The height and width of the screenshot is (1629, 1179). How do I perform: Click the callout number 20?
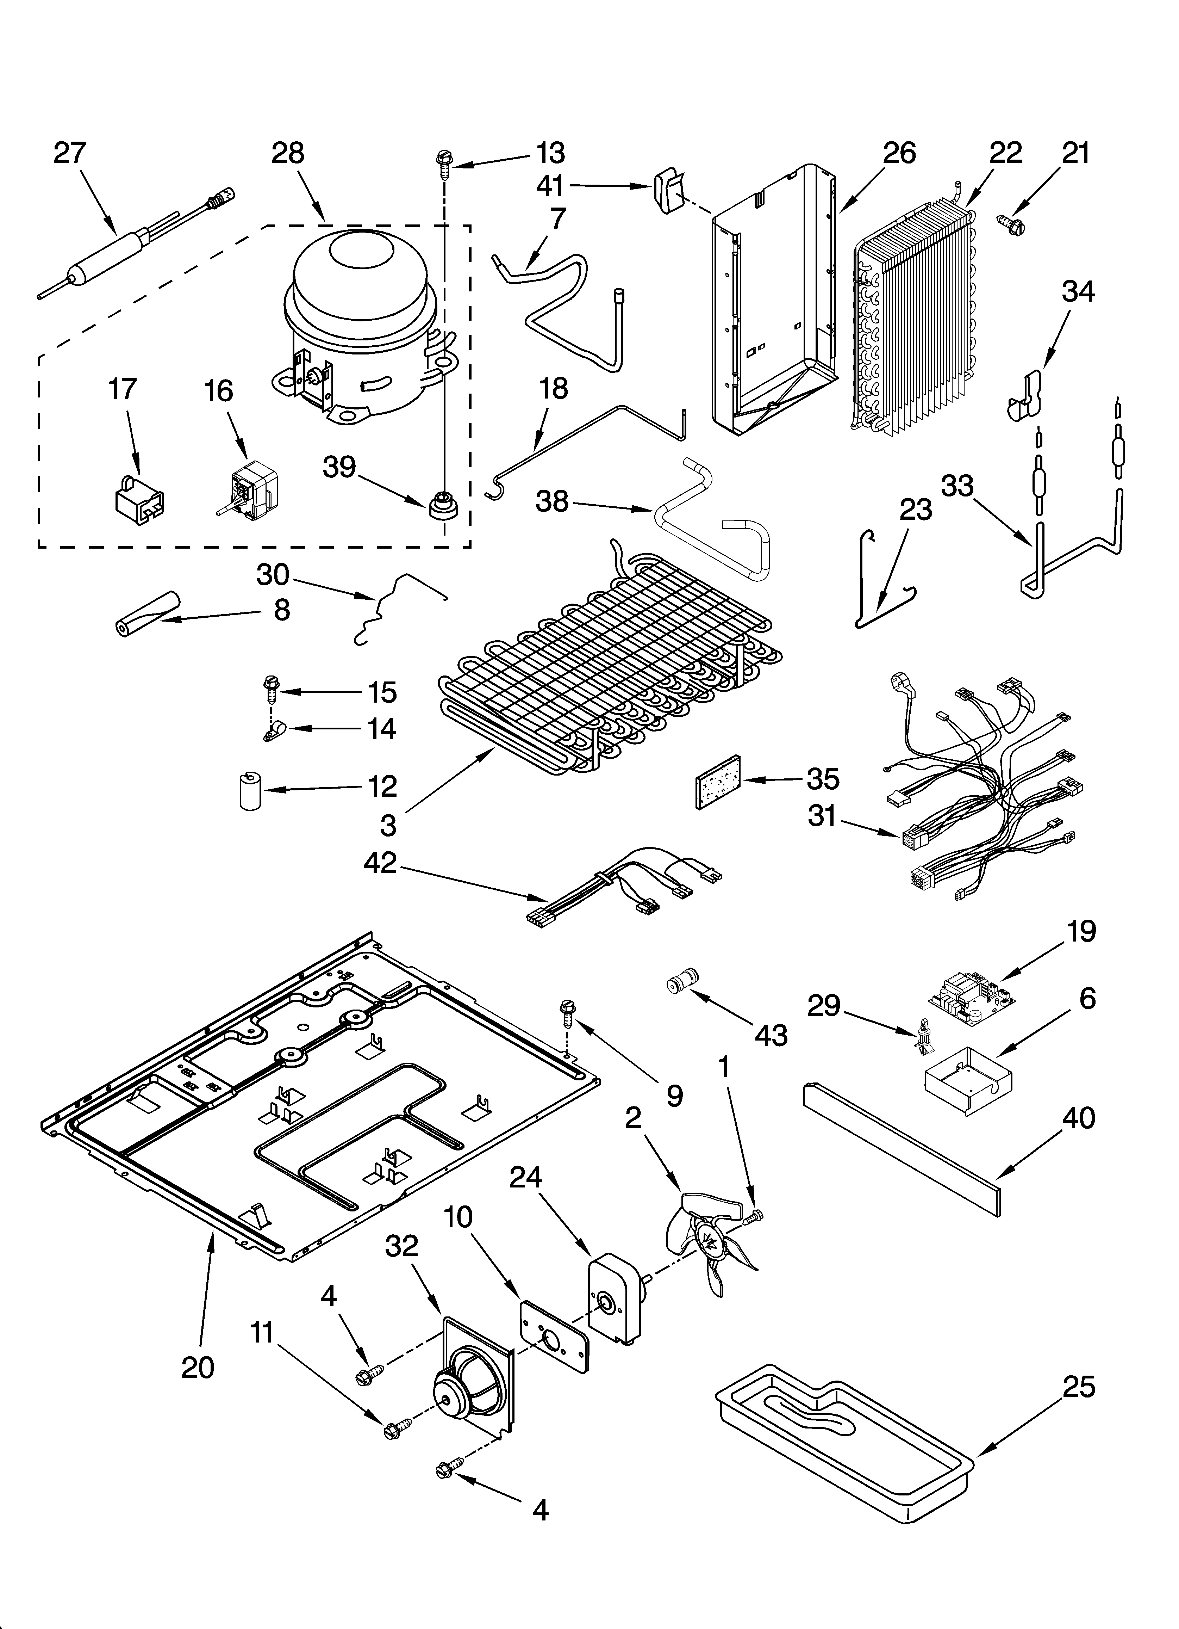198,1368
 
